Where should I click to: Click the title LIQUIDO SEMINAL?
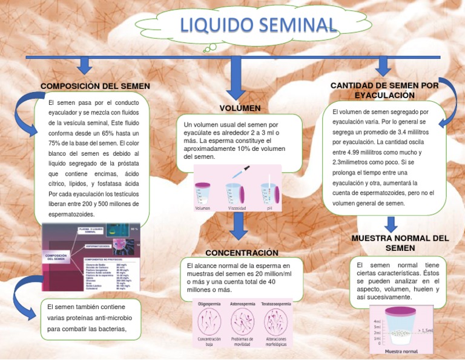(257, 25)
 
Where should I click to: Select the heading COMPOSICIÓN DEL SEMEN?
(95, 86)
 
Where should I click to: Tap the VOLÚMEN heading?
(240, 108)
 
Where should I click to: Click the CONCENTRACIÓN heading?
(242, 252)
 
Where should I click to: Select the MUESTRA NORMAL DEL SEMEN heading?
(400, 243)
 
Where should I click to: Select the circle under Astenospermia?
(242, 321)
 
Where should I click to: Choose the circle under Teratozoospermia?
(276, 321)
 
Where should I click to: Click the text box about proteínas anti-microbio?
(90, 318)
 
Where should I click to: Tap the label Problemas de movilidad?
(242, 342)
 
